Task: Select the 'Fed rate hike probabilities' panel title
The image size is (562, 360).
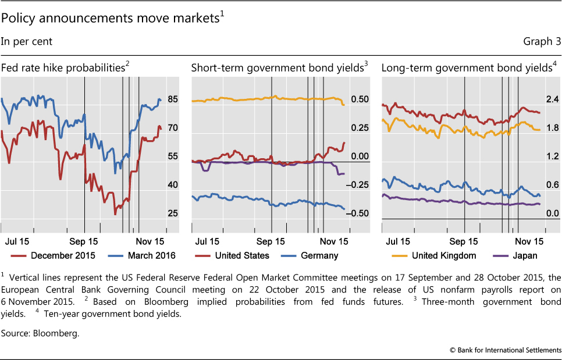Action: pyautogui.click(x=63, y=67)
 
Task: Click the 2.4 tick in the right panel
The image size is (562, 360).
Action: pyautogui.click(x=552, y=99)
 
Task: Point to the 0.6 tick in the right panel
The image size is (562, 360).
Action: pyautogui.click(x=552, y=185)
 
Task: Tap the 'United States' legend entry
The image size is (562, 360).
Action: pyautogui.click(x=241, y=255)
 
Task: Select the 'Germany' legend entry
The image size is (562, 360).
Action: pyautogui.click(x=319, y=255)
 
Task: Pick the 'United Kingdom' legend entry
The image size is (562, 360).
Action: pyautogui.click(x=443, y=255)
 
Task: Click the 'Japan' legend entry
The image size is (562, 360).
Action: pyautogui.click(x=525, y=255)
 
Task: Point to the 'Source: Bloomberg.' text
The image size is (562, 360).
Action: pyautogui.click(x=40, y=334)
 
